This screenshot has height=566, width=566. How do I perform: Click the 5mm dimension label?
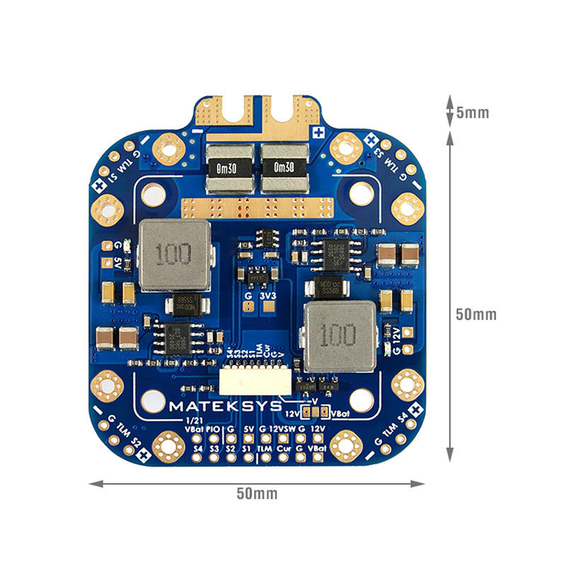(473, 112)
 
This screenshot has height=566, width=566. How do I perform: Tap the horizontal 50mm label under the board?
(257, 493)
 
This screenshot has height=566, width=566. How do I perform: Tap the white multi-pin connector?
(255, 383)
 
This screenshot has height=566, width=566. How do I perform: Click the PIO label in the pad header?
(214, 429)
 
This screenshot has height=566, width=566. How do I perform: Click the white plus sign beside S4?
(417, 408)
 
